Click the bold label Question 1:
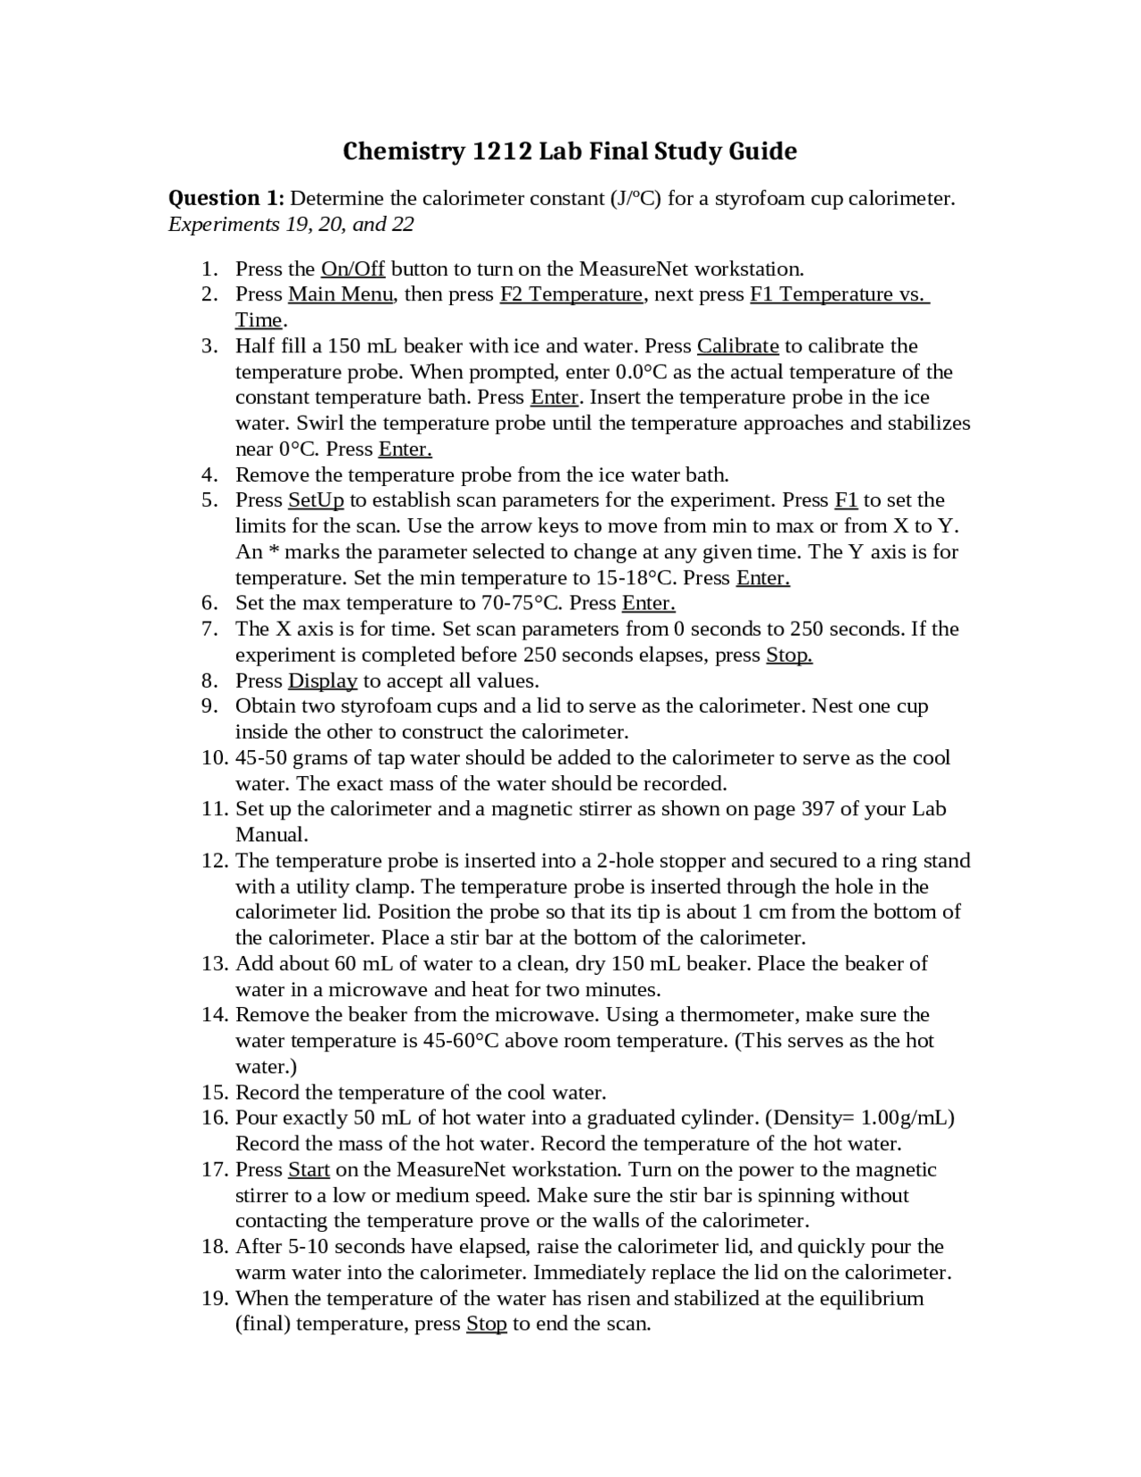(x=226, y=198)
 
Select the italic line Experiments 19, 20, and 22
(x=291, y=224)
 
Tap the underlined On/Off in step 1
(x=352, y=268)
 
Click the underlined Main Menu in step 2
(x=340, y=294)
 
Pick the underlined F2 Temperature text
(x=570, y=294)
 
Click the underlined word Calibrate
(x=737, y=346)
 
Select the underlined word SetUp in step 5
(x=316, y=500)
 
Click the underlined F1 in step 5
(x=845, y=500)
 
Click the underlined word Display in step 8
(x=322, y=681)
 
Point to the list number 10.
(x=215, y=758)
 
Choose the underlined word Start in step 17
(x=308, y=1170)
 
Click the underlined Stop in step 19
(x=486, y=1324)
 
